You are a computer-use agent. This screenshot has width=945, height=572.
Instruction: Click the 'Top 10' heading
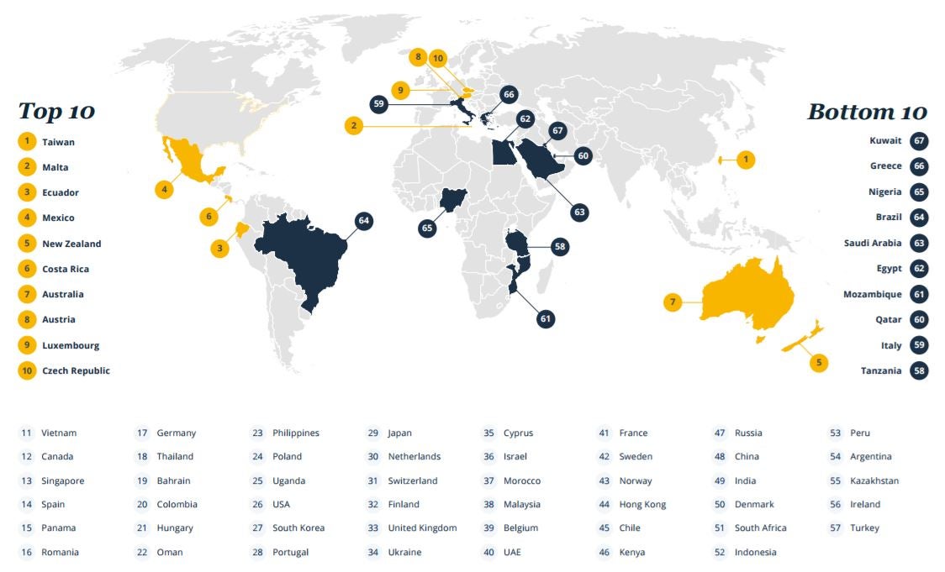tap(56, 111)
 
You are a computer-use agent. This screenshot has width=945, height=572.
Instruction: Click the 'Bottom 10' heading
tap(867, 112)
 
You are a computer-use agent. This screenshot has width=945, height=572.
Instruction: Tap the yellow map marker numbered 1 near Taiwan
tap(745, 159)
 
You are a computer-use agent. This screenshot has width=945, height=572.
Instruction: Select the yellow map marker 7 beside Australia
tap(672, 302)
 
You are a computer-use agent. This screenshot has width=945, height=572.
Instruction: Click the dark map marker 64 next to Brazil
tap(363, 221)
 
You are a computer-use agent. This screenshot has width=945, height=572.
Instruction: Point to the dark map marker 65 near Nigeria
tap(427, 228)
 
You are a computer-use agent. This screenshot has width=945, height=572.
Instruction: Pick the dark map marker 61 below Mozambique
tap(546, 318)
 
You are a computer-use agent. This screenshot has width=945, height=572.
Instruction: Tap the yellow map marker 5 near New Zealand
tap(818, 363)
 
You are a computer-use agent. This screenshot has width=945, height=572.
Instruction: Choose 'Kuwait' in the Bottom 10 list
tap(886, 141)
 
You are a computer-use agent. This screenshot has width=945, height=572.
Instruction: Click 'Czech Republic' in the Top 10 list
tap(76, 370)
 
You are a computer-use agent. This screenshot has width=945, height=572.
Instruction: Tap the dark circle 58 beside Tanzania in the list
tap(919, 370)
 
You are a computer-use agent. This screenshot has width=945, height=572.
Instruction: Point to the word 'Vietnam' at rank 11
tap(59, 433)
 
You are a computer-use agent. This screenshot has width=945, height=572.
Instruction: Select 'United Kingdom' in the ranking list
tap(422, 528)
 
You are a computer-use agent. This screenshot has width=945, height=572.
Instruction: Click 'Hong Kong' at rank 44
tap(642, 505)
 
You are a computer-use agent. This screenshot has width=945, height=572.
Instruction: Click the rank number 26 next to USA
tap(257, 505)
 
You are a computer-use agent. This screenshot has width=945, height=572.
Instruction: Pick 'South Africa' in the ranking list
tap(760, 528)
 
